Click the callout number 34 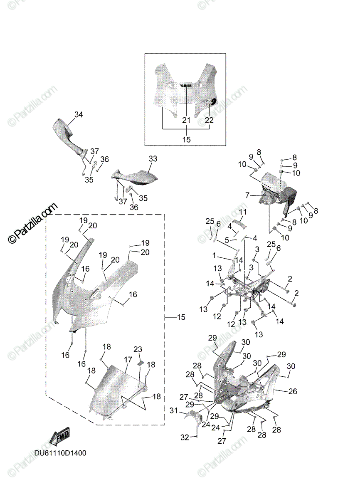79,114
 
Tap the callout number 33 153,159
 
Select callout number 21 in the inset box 186,120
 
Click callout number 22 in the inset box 209,120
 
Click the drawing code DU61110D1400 60,453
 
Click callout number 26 293,391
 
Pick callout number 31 185,410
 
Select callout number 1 214,255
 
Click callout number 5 227,240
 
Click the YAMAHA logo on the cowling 186,86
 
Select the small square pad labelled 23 140,363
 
